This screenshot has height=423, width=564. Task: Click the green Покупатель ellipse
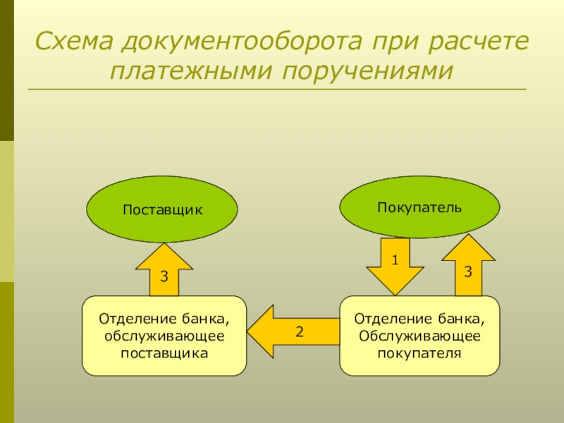419,207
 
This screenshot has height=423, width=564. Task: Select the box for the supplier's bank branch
164,336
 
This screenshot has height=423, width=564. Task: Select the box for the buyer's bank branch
419,336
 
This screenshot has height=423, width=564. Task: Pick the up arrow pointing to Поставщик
164,271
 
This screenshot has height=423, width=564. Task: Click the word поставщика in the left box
165,352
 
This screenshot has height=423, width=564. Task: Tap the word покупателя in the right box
419,352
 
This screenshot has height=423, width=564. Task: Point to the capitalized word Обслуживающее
419,336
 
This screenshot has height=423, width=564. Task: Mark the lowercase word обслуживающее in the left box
165,336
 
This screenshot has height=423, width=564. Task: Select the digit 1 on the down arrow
396,260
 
